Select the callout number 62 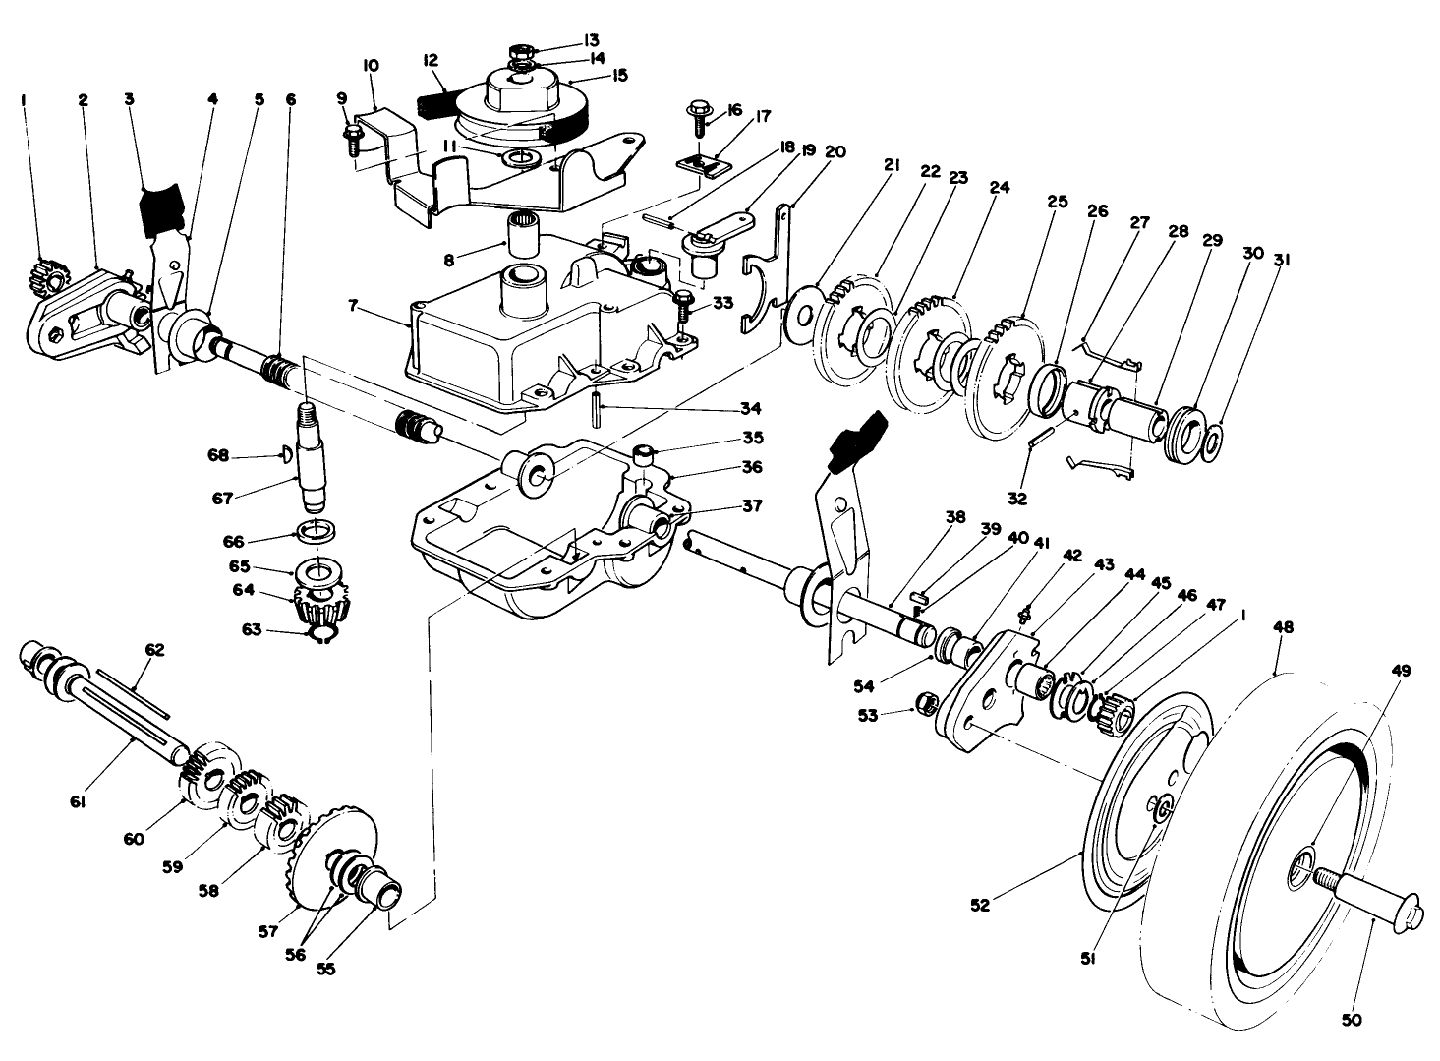pos(154,649)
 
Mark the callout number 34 pos(640,406)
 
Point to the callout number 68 pos(218,454)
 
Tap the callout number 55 pos(325,968)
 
